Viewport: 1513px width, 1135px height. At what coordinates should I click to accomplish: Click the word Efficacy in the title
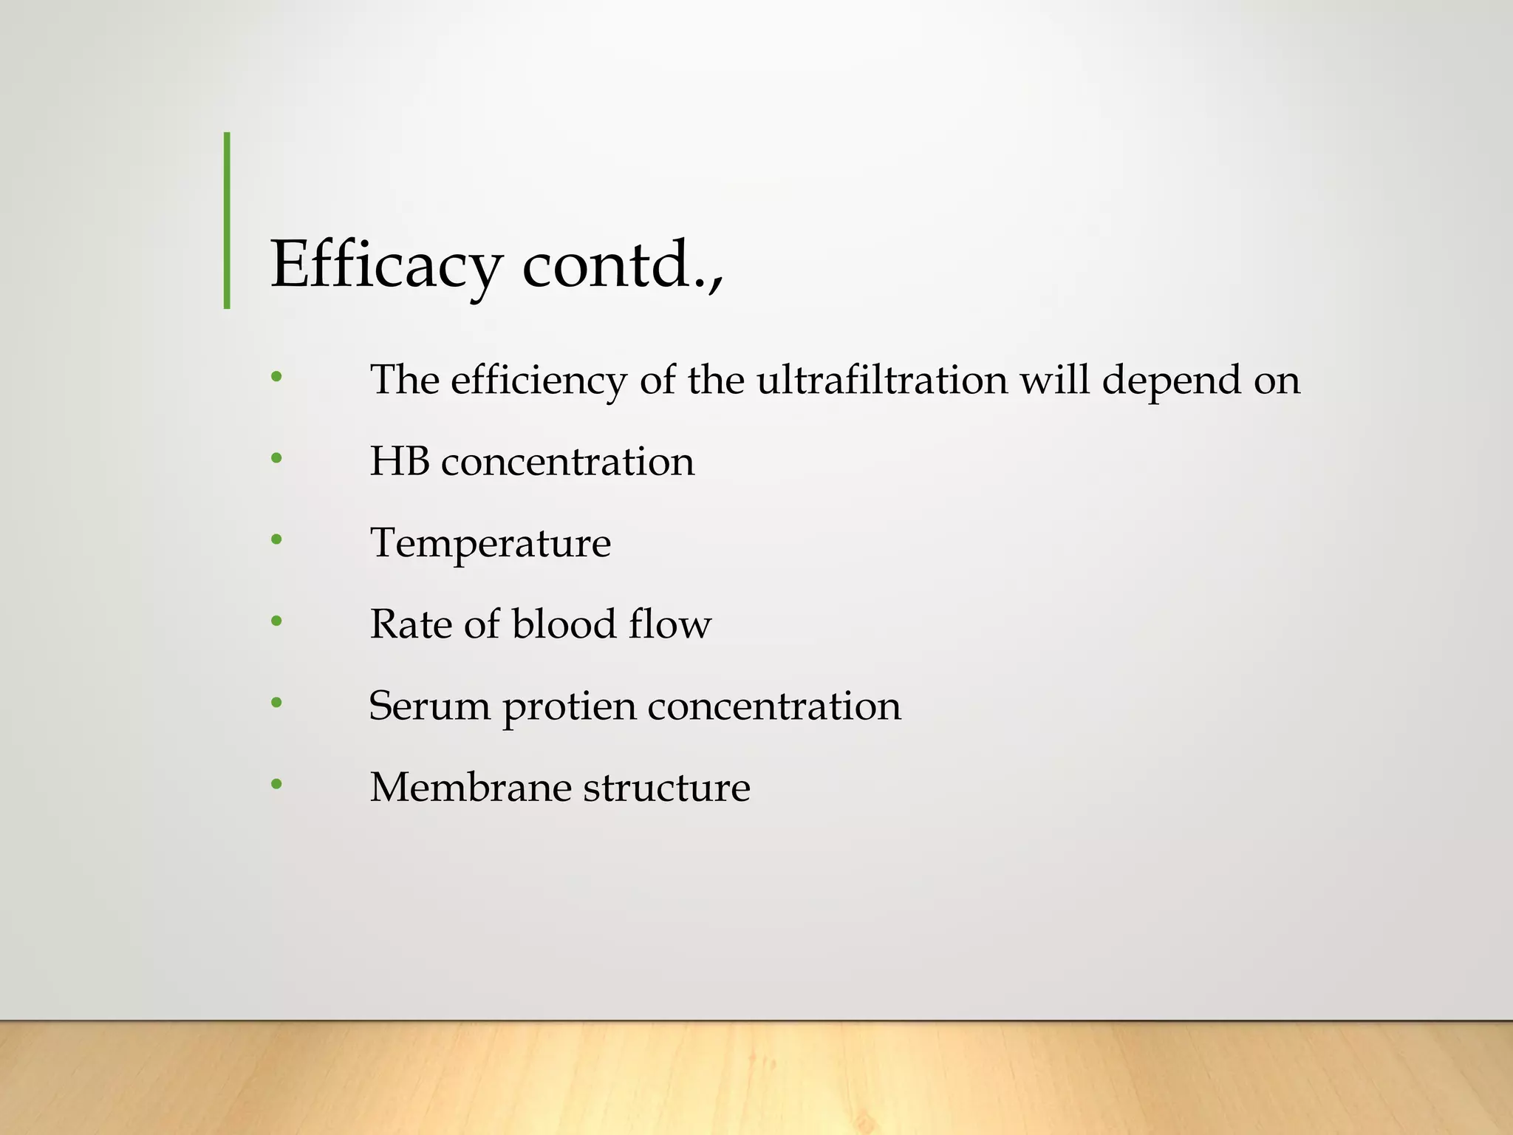386,266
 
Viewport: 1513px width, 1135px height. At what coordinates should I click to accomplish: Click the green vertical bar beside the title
227,220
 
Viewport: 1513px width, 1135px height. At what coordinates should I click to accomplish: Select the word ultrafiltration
882,380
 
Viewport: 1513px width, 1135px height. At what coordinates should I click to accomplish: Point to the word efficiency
539,381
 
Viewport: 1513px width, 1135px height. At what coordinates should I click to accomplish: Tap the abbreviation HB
400,461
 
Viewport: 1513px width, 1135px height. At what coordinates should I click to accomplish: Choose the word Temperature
491,544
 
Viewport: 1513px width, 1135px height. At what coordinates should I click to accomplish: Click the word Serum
429,706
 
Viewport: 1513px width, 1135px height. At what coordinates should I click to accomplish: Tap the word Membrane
470,787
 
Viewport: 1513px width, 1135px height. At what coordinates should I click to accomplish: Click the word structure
666,787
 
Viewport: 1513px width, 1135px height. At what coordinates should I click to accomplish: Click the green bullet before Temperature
276,539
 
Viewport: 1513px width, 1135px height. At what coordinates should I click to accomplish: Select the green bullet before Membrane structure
276,783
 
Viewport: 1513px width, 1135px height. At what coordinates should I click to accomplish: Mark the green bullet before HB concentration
276,458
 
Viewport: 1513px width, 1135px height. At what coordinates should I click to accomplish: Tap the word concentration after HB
567,462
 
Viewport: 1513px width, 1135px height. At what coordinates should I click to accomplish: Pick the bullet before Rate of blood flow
276,621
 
